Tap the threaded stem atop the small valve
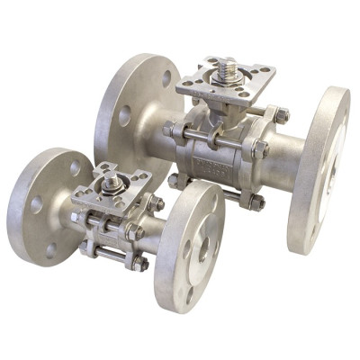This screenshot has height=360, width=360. point(112,184)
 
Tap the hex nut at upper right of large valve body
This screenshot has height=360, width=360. point(281,115)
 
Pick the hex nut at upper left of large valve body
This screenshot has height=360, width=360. point(170,130)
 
